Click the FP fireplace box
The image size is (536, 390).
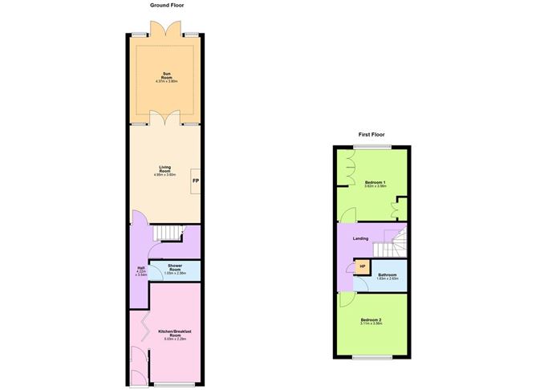tap(195, 181)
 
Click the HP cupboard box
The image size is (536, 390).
tap(363, 266)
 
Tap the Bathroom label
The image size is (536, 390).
tap(388, 274)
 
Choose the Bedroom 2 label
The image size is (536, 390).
tap(369, 321)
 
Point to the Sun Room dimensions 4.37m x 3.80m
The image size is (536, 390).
tap(166, 82)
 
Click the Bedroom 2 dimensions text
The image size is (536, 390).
tap(369, 325)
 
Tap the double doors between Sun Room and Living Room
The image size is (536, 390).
tap(164, 120)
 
